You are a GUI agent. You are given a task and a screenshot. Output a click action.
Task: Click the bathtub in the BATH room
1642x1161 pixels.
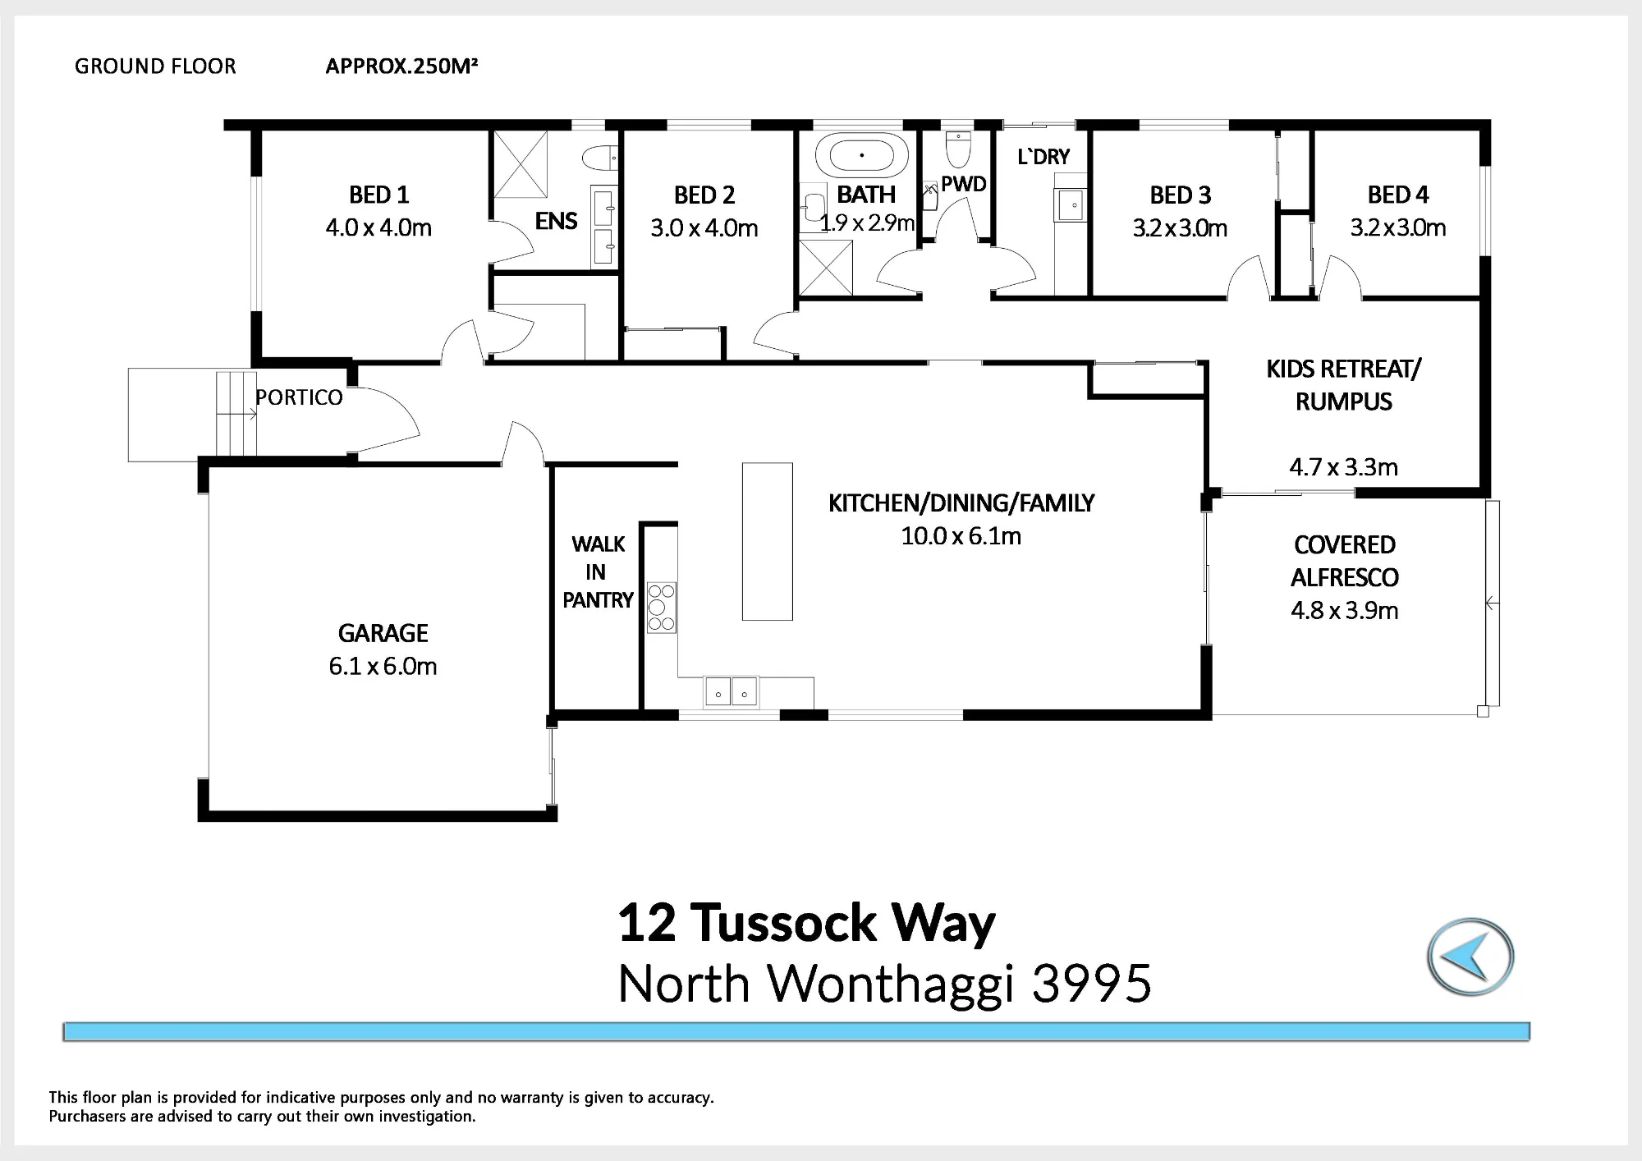point(862,155)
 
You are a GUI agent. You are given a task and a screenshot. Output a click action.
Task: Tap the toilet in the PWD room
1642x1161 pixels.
point(958,149)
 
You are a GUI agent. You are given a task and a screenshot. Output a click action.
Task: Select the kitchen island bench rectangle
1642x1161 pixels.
point(768,541)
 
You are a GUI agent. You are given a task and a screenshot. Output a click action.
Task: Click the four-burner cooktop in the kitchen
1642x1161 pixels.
point(661,607)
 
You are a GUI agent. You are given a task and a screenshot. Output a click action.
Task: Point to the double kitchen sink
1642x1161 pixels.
point(731,692)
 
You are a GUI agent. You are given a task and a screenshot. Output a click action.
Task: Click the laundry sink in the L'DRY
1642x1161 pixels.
point(1071,204)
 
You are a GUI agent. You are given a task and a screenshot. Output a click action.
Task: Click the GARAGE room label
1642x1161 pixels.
point(383,633)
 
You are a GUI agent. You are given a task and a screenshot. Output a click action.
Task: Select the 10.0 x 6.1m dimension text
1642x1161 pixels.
point(961,536)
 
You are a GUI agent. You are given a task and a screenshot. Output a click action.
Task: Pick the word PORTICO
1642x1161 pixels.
point(299,397)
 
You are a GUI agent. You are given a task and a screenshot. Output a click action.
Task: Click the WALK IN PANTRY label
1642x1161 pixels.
point(598,572)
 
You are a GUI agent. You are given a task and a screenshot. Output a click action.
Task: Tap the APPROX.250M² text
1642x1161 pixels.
point(401,66)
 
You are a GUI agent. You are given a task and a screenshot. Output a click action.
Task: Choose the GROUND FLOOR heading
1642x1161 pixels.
point(155,67)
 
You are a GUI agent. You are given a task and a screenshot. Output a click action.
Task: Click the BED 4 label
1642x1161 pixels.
point(1398,195)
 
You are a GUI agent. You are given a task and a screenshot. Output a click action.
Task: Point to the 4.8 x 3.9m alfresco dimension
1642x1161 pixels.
point(1344,611)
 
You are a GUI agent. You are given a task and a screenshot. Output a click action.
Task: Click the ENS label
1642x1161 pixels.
point(556,221)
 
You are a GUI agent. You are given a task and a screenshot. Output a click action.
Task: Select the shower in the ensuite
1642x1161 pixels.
point(521,164)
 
